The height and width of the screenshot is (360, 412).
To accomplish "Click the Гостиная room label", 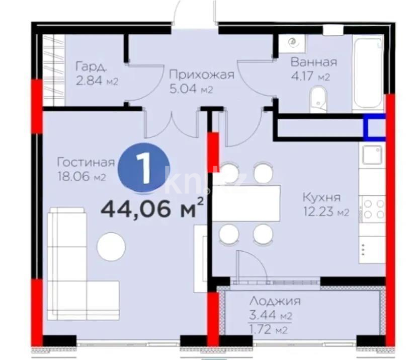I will [x=86, y=163].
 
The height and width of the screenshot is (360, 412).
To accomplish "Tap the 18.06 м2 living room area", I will [x=81, y=177].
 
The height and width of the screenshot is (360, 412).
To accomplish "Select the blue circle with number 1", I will [x=144, y=169].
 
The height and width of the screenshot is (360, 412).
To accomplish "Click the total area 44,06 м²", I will [x=152, y=208].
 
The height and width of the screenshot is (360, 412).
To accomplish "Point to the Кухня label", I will [x=322, y=197].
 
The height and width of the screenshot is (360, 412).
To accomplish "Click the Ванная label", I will [x=313, y=62].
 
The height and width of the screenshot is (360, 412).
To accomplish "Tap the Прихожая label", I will [x=201, y=75].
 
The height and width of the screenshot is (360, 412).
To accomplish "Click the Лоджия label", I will [x=275, y=302].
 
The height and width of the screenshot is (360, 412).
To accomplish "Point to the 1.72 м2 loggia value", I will [x=268, y=330].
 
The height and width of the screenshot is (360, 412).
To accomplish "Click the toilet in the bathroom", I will [x=317, y=97].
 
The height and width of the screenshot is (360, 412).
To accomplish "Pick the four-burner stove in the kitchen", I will [x=373, y=208].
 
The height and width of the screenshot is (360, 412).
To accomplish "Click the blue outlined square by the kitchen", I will [x=375, y=126].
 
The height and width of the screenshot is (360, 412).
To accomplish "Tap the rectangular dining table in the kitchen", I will [x=246, y=203].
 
